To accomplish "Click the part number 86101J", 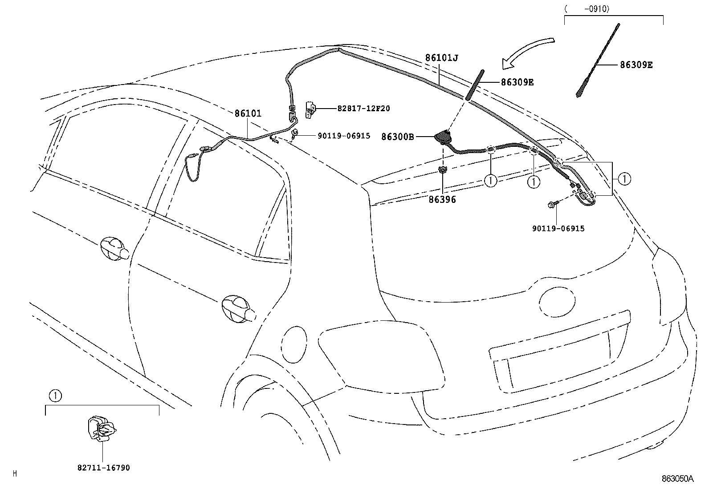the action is [441, 58].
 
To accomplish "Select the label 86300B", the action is [398, 137].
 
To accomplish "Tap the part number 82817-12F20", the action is [363, 109].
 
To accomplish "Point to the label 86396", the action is [442, 200].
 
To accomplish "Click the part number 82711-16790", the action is [103, 468].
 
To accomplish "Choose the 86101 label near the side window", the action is [248, 113].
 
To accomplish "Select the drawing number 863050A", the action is [677, 479].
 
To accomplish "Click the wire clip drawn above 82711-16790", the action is [101, 428].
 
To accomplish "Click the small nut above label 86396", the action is [442, 170].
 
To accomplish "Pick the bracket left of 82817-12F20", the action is [310, 110].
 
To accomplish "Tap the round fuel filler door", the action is [294, 344].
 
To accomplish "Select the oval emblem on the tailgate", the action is [557, 302].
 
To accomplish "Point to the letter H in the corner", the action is [15, 473].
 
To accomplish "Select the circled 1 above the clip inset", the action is [55, 396].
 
